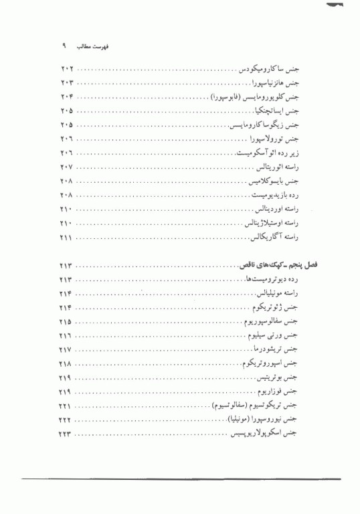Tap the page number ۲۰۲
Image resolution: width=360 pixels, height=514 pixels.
point(68,69)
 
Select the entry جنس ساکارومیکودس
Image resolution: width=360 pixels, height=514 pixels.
point(268,70)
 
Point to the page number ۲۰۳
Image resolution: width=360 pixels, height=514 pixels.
point(68,83)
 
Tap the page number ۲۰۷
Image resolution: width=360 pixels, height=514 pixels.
point(68,167)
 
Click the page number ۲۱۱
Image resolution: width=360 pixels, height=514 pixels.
point(68,238)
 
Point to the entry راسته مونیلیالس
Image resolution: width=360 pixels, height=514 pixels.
point(276,294)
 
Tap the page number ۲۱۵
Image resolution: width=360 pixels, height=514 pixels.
point(68,322)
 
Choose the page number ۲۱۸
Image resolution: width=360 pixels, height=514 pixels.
point(68,364)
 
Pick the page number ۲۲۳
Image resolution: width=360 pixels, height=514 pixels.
point(68,435)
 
